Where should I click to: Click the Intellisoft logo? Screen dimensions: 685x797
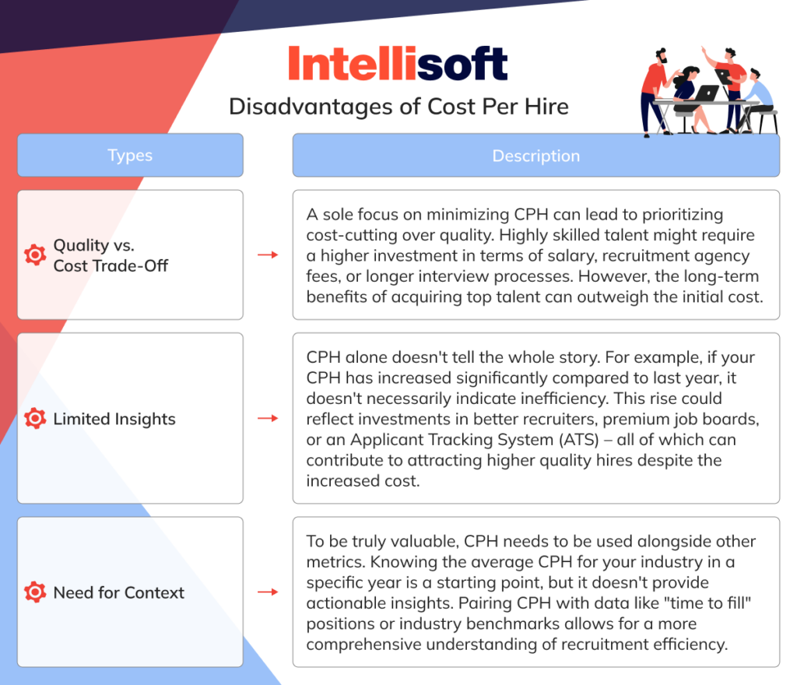[398, 64]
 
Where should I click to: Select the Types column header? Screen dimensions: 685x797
[130, 155]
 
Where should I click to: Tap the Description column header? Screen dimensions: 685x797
[535, 155]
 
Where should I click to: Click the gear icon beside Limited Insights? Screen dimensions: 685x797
[35, 419]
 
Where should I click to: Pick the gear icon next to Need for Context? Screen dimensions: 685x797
[35, 592]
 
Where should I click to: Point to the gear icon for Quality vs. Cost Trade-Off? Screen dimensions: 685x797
[35, 255]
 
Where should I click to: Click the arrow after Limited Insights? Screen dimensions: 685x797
[268, 419]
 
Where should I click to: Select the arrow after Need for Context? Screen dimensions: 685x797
[268, 592]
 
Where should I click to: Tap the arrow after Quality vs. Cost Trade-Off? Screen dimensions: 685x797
[268, 255]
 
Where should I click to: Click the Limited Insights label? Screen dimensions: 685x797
[114, 419]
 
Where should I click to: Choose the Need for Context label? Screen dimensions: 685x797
[118, 592]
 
